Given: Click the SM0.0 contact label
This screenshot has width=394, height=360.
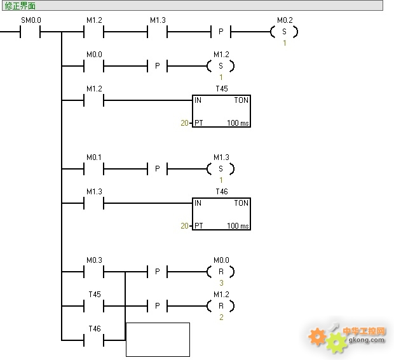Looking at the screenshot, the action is pyautogui.click(x=31, y=20).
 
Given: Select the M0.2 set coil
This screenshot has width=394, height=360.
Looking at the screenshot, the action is pyautogui.click(x=284, y=32).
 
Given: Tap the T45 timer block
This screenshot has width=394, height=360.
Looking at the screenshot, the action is pyautogui.click(x=221, y=111).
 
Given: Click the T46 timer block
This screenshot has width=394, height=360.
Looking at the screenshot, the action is pyautogui.click(x=221, y=214).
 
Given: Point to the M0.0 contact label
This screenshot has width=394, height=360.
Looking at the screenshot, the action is pyautogui.click(x=94, y=55).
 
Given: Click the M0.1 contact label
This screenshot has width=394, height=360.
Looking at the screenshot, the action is pyautogui.click(x=94, y=157).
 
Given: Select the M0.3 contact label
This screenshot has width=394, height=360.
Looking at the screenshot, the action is pyautogui.click(x=94, y=260).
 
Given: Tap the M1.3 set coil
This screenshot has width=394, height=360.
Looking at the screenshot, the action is pyautogui.click(x=221, y=169).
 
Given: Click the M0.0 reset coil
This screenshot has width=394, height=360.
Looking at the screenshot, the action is pyautogui.click(x=221, y=271).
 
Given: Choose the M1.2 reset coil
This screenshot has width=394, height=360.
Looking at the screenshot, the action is pyautogui.click(x=221, y=306).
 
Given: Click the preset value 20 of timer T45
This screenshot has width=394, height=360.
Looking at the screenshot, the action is pyautogui.click(x=184, y=123).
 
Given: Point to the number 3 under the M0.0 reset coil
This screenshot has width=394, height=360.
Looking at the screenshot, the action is pyautogui.click(x=221, y=283).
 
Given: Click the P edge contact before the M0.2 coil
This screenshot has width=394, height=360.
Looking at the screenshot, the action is pyautogui.click(x=221, y=32).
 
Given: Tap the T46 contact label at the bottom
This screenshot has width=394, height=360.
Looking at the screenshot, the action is pyautogui.click(x=95, y=329).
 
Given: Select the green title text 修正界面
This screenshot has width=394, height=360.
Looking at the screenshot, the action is pyautogui.click(x=20, y=6).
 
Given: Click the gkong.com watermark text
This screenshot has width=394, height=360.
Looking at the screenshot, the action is pyautogui.click(x=367, y=340).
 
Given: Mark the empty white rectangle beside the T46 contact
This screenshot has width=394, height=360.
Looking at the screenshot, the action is pyautogui.click(x=158, y=340).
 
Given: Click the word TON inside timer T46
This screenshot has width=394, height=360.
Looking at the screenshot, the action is pyautogui.click(x=241, y=203).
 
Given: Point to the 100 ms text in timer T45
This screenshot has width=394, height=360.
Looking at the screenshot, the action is pyautogui.click(x=238, y=123).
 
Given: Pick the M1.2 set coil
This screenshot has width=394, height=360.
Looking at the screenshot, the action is pyautogui.click(x=221, y=66).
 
